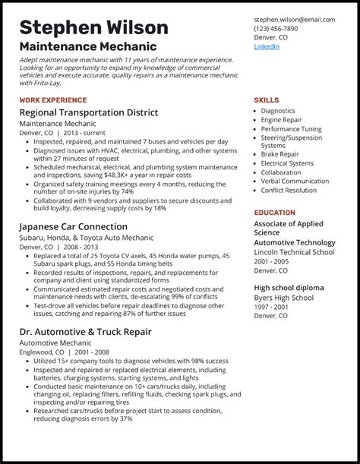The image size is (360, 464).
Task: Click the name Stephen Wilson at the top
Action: (94, 28)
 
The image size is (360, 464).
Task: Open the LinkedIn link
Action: (267, 47)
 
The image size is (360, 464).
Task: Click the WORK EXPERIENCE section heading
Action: (53, 100)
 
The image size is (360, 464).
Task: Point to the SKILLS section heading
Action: (266, 100)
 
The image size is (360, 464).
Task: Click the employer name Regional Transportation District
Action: (89, 113)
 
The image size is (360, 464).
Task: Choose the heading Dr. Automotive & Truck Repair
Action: (85, 331)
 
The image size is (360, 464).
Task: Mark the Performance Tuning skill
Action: (291, 128)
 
